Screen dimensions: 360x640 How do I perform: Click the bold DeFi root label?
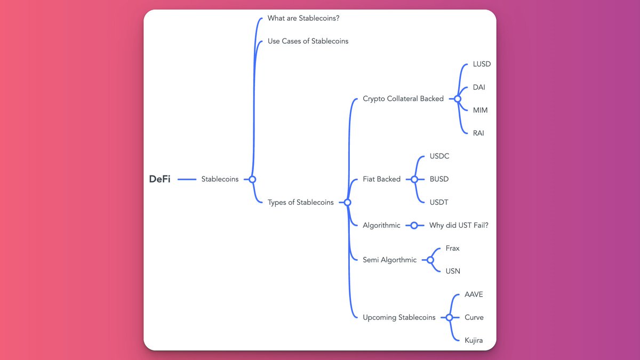159,179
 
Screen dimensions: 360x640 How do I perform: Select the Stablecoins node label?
220,179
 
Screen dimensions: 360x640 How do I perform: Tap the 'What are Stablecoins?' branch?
303,18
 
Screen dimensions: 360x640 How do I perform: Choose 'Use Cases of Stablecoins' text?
308,41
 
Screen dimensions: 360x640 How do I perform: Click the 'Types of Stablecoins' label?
300,202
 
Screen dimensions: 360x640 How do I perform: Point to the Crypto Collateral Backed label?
403,99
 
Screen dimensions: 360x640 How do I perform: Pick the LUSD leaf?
482,64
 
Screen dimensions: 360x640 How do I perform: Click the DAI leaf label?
479,87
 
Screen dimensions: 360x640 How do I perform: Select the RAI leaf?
478,133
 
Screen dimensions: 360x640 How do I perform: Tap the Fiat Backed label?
381,179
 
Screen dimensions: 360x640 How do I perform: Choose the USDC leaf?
439,156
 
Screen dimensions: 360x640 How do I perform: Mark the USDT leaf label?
439,202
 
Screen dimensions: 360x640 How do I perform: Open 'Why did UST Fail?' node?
459,225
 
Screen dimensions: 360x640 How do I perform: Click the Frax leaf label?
452,248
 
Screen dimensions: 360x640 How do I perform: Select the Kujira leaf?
474,340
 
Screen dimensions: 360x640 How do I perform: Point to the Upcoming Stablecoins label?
399,317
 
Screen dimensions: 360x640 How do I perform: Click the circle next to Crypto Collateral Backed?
457,99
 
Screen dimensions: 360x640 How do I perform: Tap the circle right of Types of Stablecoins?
347,202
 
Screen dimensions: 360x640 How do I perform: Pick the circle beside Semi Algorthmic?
430,260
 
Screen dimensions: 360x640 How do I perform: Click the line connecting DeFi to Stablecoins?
187,179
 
